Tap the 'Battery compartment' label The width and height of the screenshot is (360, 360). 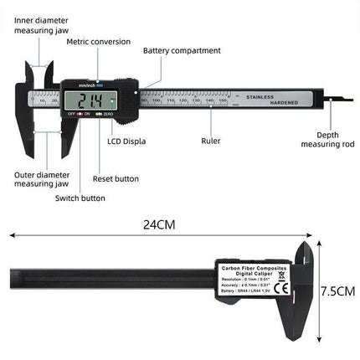click(x=182, y=50)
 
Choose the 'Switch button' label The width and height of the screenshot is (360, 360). click(x=80, y=198)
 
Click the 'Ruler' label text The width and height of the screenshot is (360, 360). click(x=211, y=141)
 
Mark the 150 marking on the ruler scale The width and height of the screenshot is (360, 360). click(x=223, y=100)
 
